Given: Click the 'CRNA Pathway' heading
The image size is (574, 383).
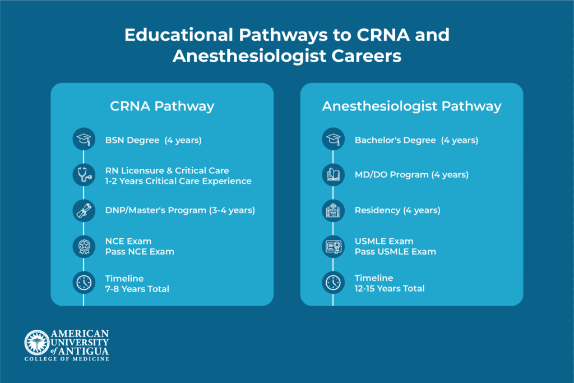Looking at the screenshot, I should coord(161,106).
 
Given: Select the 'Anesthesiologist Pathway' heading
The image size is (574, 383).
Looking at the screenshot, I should coord(411,106).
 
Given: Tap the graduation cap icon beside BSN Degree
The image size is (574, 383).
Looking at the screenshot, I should coord(84,140).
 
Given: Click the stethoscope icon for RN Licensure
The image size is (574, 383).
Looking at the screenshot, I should coord(84,174).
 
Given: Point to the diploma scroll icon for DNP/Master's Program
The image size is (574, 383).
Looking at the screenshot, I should coord(84,210).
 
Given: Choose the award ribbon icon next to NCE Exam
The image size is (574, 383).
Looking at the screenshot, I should coord(84,246).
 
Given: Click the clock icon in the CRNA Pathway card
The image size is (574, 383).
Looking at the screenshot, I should coord(84,283).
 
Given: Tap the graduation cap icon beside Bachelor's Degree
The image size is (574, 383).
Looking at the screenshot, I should coord(333,140).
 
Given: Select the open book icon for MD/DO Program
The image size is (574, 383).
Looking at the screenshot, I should coord(333,174).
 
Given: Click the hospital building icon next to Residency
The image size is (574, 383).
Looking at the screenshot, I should coord(333,210).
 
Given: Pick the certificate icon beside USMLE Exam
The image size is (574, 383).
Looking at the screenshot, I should coord(333,246).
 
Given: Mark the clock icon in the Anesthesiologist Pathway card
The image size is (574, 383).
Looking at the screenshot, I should coord(333,283).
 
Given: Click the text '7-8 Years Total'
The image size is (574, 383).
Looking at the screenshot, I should coord(137,289).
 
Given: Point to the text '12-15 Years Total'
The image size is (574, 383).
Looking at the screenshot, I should coord(389,288).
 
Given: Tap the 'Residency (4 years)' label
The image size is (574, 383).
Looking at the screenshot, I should coord(397,210).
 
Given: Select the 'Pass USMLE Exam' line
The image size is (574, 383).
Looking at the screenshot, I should coord(395,252).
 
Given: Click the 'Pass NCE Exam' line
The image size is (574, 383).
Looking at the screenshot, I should coord(140,252).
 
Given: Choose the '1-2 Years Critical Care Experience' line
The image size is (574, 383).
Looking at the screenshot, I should coord(178,181).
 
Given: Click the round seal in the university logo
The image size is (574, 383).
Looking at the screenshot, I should coord(36,342).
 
